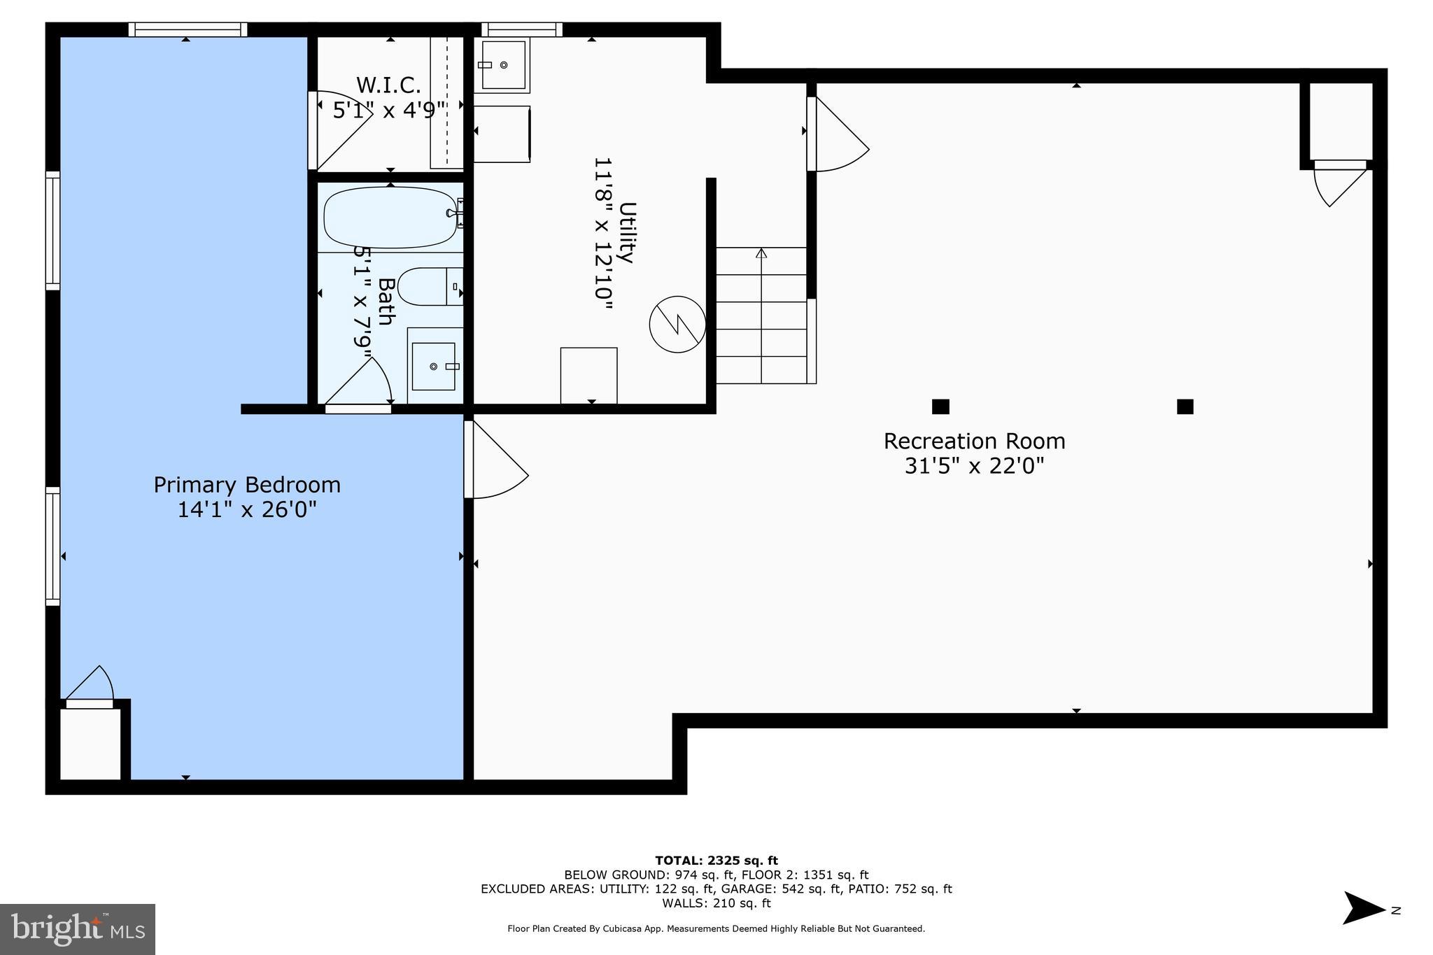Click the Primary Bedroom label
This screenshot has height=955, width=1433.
[247, 485]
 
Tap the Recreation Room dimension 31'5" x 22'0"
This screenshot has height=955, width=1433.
[974, 466]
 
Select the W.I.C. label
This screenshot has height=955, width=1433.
[388, 85]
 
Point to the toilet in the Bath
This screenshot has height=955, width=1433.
[428, 286]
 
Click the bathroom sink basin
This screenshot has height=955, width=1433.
[433, 367]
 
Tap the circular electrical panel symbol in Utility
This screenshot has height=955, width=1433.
[677, 324]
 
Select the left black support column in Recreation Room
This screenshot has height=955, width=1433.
[940, 406]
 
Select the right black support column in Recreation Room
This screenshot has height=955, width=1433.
[1185, 406]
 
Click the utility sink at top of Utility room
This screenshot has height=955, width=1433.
[503, 65]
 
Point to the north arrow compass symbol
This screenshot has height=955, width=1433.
[1363, 908]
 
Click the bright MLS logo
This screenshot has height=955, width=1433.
[78, 929]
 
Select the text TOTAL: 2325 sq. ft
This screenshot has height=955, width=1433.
[716, 861]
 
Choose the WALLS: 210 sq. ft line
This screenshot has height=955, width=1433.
[716, 903]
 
